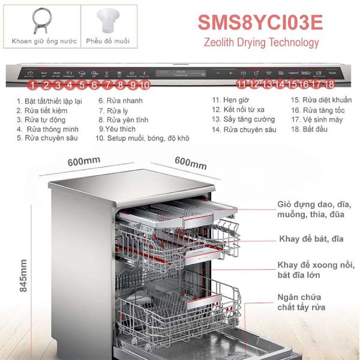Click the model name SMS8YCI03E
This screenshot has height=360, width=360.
click(x=260, y=20)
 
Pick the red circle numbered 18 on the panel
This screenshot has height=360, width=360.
click(x=328, y=85)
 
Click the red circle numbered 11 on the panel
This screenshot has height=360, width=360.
click(x=242, y=85)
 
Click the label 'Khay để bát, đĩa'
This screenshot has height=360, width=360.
click(x=311, y=239)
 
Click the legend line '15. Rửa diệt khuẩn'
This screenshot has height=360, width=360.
click(x=321, y=100)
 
